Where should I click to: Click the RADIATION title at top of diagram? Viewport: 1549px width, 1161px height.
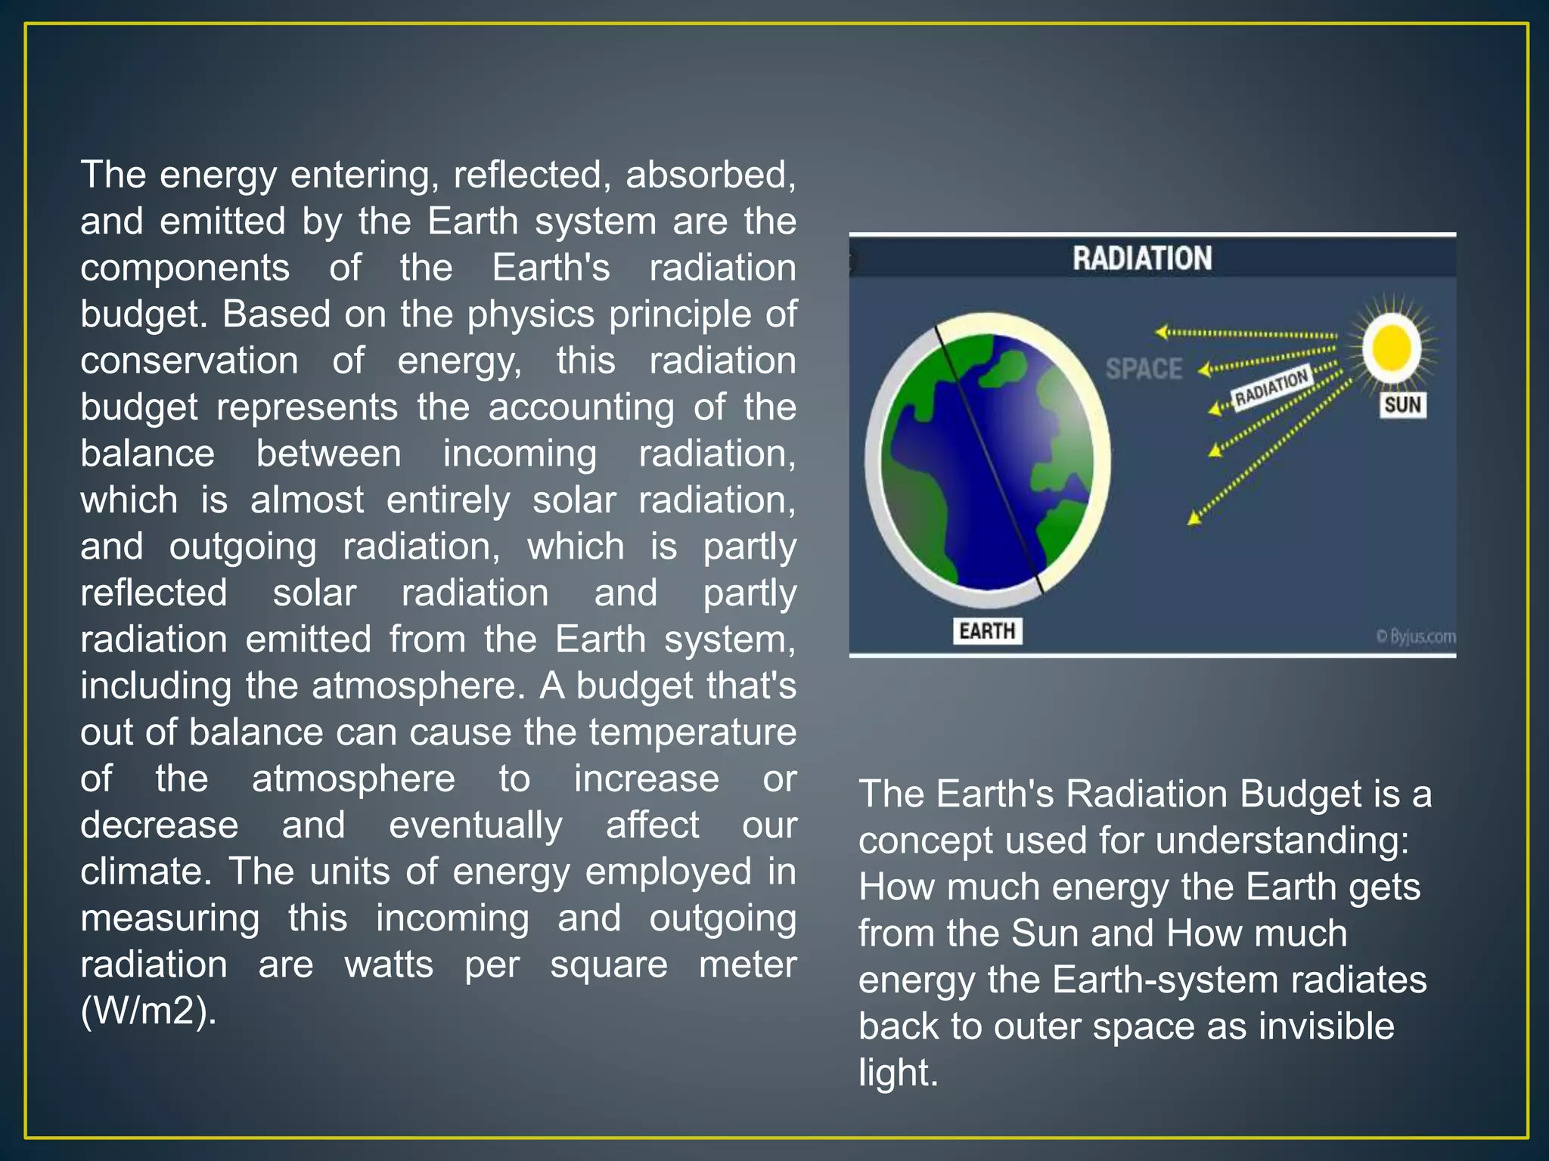1141,259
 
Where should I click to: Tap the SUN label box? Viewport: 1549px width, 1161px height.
1403,405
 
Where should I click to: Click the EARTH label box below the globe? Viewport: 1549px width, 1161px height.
987,630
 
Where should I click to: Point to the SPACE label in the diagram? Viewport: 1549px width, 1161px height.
1144,370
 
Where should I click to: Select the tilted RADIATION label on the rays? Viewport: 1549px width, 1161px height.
1271,387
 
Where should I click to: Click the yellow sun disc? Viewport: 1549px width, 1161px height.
1392,347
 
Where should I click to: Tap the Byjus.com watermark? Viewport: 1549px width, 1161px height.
1415,636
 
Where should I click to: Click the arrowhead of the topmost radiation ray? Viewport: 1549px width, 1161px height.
1161,332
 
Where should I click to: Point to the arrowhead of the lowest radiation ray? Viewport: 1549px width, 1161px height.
1194,518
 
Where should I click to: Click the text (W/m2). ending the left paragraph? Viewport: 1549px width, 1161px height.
148,1011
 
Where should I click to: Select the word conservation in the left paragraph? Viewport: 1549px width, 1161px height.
189,361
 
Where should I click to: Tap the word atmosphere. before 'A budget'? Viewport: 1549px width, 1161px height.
418,686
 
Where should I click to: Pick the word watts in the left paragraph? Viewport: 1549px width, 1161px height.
389,965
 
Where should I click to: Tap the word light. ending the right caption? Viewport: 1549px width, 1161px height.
898,1073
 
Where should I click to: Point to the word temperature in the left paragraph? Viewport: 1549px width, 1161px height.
692,733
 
